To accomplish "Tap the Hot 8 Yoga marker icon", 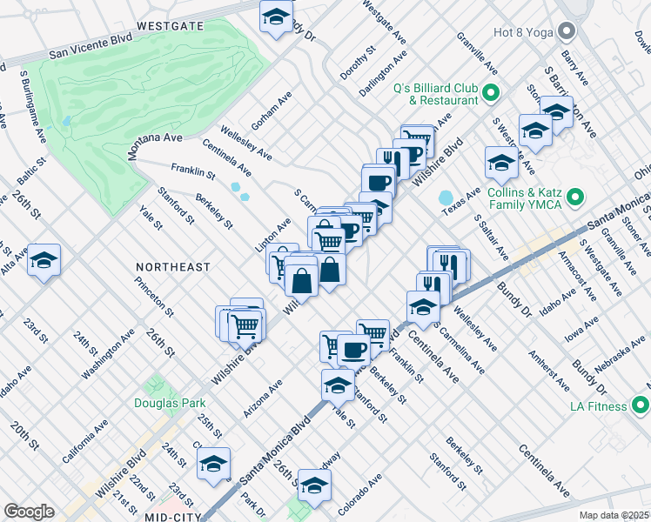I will (x=567, y=32).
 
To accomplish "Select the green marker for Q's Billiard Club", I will (x=490, y=92).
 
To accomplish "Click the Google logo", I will (x=29, y=512).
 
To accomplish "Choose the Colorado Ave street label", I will (x=362, y=494).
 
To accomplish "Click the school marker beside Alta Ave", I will (x=44, y=260).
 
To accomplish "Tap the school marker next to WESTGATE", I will (x=277, y=17).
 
